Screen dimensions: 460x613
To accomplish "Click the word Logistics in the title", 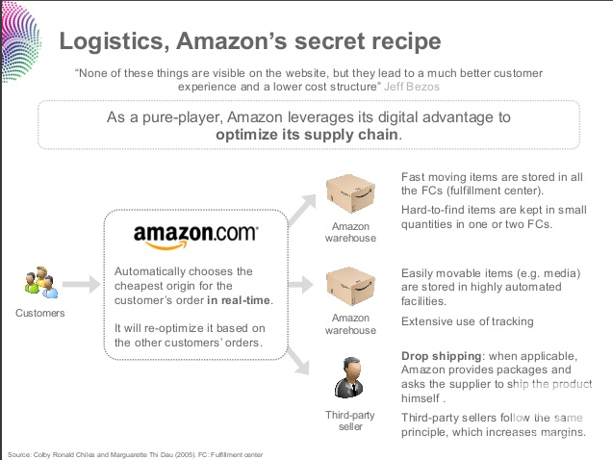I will (x=107, y=41).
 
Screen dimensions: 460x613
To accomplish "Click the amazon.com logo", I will (x=195, y=234).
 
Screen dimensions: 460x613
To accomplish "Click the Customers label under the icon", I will (x=40, y=313).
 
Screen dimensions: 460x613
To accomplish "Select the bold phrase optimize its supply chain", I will (x=307, y=135).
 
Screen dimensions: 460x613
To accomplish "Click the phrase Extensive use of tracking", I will (x=467, y=321).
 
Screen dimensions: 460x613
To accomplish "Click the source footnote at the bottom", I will (x=135, y=453).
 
